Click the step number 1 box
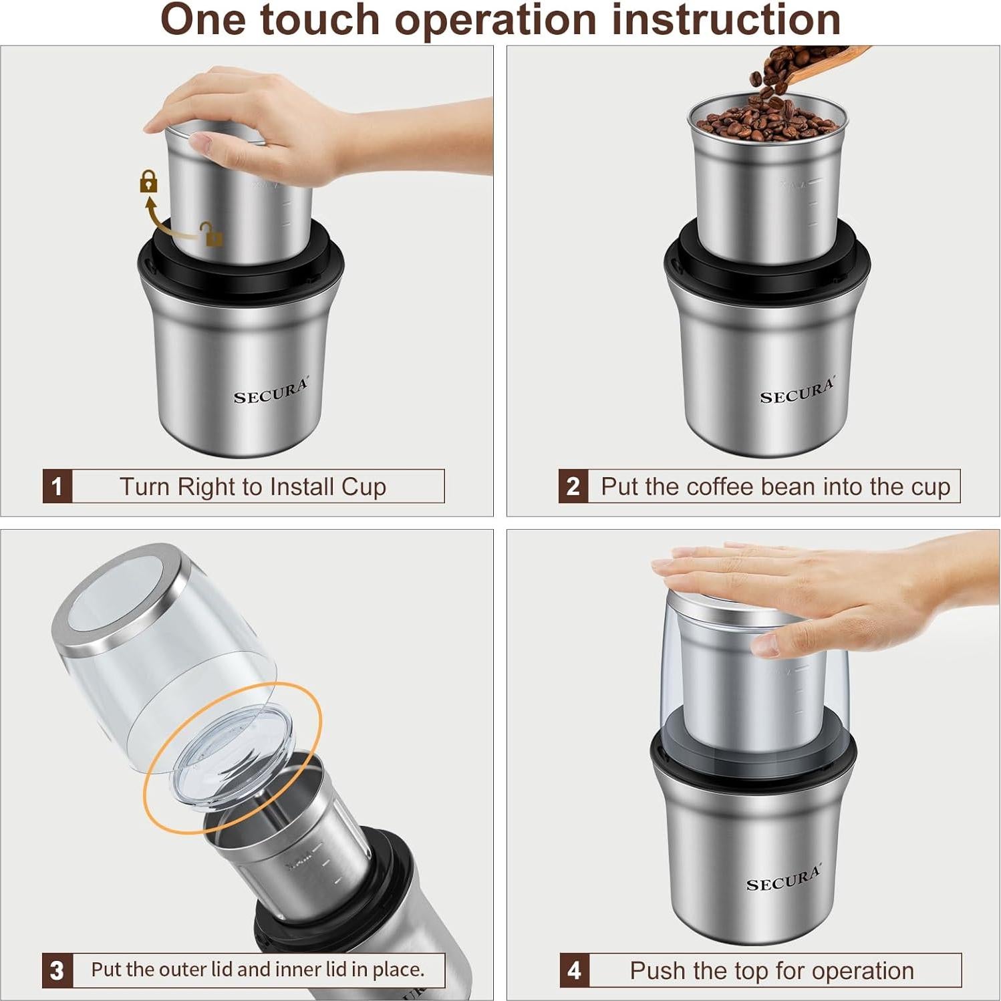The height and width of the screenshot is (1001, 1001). coord(57,486)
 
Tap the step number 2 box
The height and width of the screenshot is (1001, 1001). coord(573,486)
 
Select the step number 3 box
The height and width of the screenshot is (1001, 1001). coord(57,970)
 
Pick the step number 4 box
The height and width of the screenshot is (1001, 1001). coord(574,970)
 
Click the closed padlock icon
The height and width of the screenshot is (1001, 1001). coord(148,182)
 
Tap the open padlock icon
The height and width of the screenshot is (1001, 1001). coord(212,235)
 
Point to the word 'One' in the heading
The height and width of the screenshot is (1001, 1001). coord(203,20)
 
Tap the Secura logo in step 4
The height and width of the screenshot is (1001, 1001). coord(783,879)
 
